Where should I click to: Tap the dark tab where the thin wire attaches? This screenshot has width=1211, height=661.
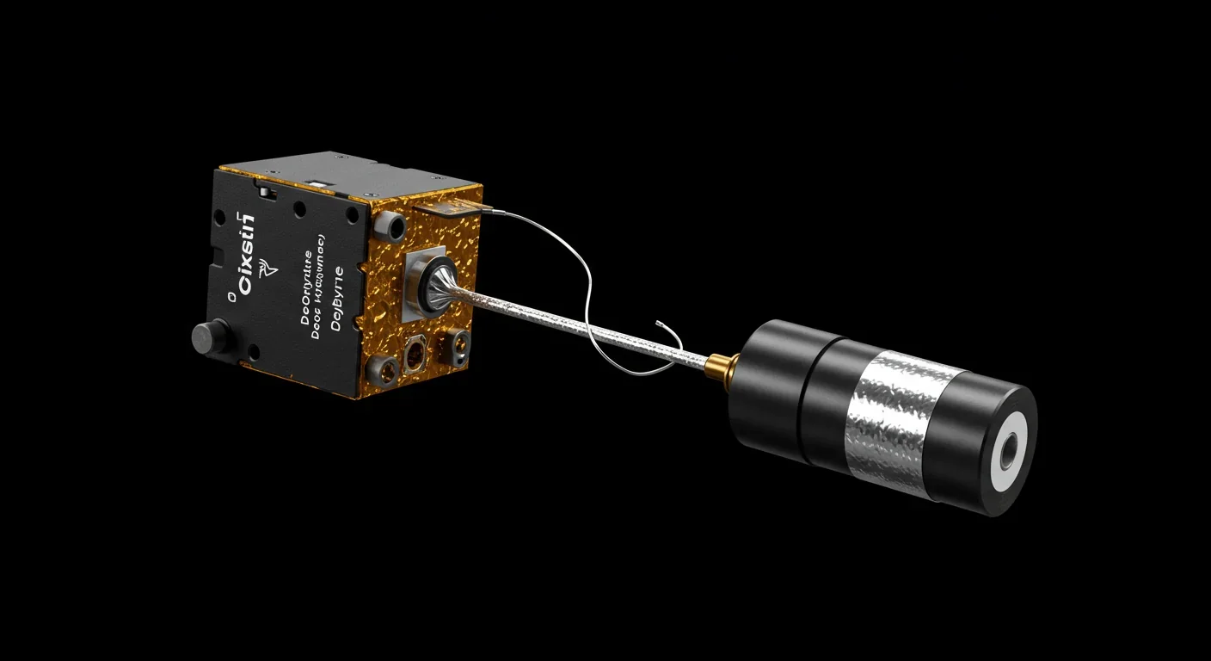pos(447,207)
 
